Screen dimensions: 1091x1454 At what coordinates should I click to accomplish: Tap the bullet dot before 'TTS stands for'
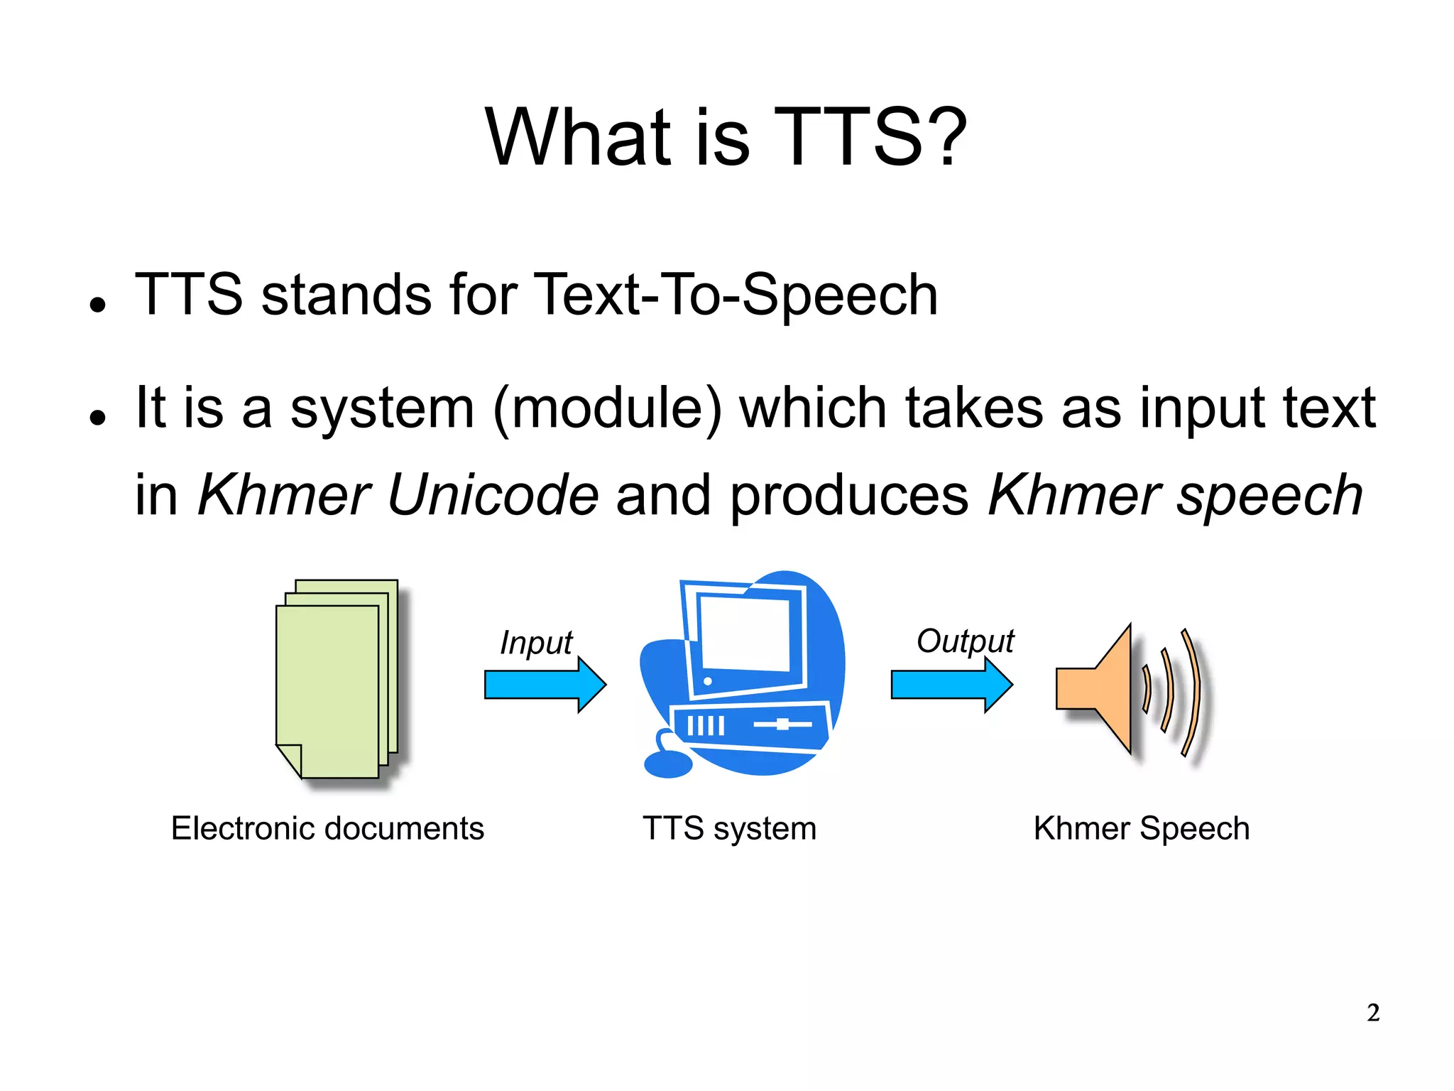coord(98,305)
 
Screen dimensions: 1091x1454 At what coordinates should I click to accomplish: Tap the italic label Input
coord(536,643)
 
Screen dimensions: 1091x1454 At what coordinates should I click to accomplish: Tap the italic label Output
coord(965,641)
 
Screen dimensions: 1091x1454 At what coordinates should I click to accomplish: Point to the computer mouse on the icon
coord(667,765)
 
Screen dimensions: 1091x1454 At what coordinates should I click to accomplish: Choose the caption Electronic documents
coord(327,828)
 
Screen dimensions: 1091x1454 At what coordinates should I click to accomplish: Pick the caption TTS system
coord(729,828)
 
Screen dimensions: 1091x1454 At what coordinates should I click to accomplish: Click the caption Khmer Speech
coord(1141,828)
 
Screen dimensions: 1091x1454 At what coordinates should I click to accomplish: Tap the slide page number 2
coord(1373,1012)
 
